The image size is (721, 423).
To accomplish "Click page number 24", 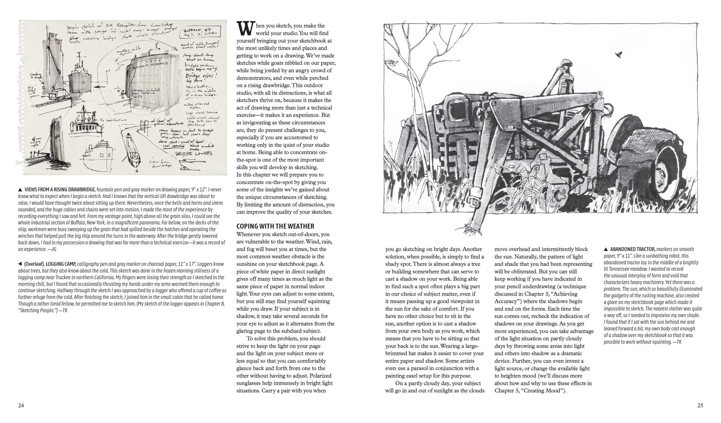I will click(21, 405).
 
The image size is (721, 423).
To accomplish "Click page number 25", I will click(700, 405).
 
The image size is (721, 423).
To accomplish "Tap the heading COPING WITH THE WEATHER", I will click(275, 226).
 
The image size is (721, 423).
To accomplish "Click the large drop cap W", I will click(245, 29).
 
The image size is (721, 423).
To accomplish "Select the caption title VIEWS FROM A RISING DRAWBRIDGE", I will click(60, 190).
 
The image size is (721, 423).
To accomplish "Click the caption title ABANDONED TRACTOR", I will click(632, 249).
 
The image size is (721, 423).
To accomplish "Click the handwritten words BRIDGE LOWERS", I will click(194, 153).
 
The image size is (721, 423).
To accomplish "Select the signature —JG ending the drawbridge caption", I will click(52, 249).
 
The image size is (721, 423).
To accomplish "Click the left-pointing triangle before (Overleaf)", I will click(20, 264).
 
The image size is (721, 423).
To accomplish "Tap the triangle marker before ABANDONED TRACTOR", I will click(606, 249).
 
